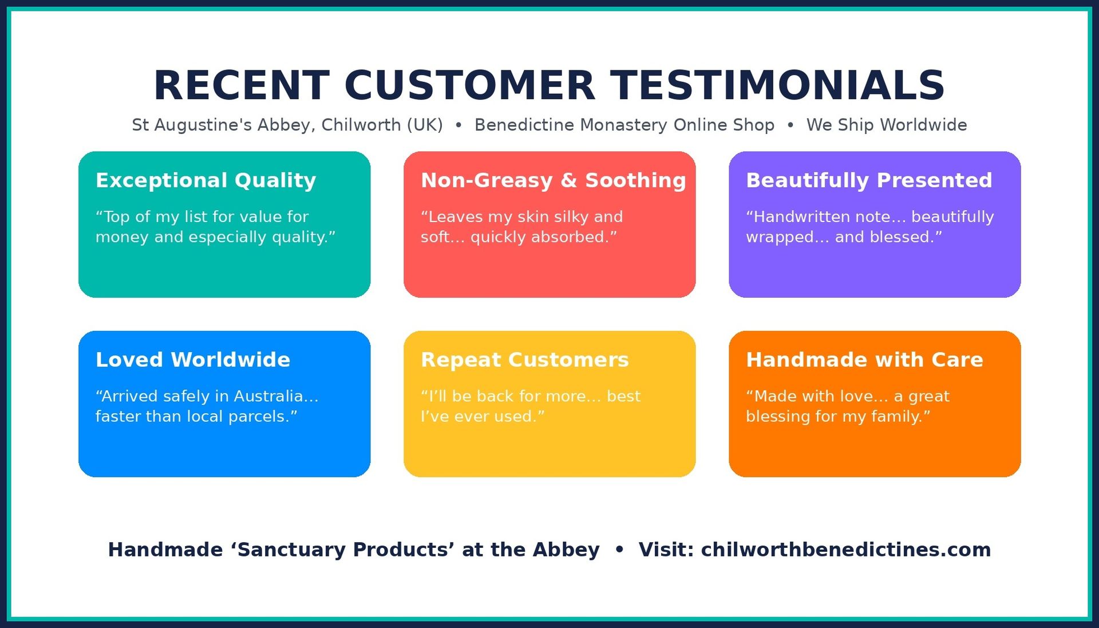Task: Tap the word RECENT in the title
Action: pyautogui.click(x=242, y=85)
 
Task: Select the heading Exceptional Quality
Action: pyautogui.click(x=206, y=180)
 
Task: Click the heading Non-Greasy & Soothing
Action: pyautogui.click(x=554, y=180)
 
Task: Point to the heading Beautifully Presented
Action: pyautogui.click(x=869, y=180)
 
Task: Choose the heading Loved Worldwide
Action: pyautogui.click(x=193, y=360)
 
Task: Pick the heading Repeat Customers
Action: pyautogui.click(x=525, y=360)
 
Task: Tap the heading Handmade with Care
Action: pyautogui.click(x=864, y=360)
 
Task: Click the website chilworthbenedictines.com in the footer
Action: pyautogui.click(x=846, y=550)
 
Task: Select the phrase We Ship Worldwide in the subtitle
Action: pyautogui.click(x=887, y=125)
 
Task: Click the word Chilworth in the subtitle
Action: pyautogui.click(x=361, y=125)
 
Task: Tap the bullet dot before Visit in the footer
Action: pyautogui.click(x=619, y=550)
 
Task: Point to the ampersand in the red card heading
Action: pyautogui.click(x=569, y=180)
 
